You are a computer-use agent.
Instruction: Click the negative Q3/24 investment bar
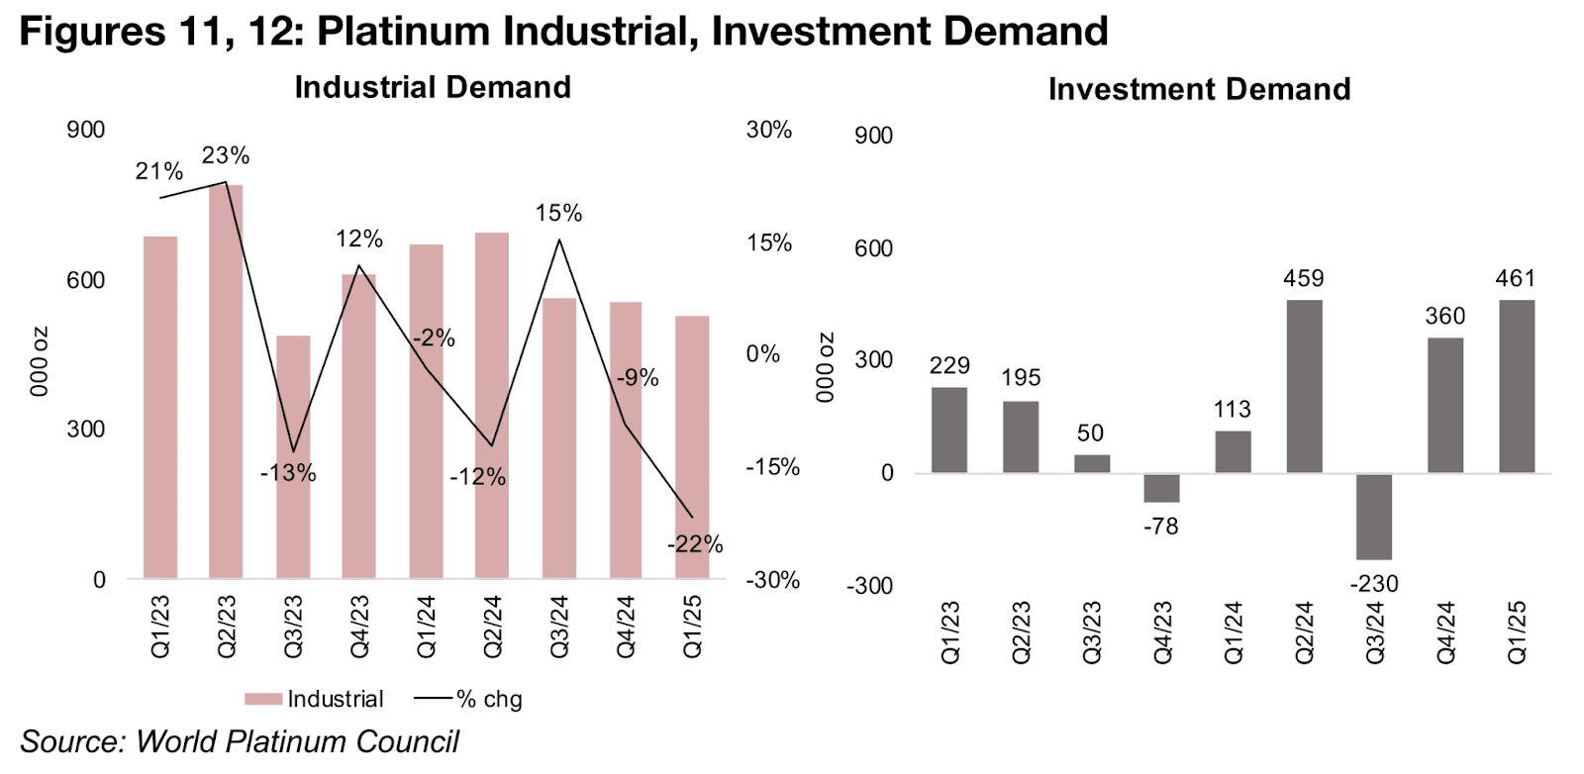pyautogui.click(x=1374, y=517)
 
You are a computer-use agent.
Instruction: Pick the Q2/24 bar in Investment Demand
pyautogui.click(x=1304, y=386)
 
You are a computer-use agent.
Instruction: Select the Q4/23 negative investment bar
pyautogui.click(x=1161, y=488)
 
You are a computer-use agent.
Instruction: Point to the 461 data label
pyautogui.click(x=1515, y=279)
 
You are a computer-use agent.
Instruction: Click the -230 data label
pyautogui.click(x=1374, y=584)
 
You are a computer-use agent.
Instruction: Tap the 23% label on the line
pyautogui.click(x=226, y=155)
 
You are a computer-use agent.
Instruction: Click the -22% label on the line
pyautogui.click(x=695, y=544)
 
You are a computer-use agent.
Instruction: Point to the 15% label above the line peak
pyautogui.click(x=558, y=213)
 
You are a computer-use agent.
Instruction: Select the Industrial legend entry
pyautogui.click(x=315, y=699)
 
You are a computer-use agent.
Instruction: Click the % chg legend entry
pyautogui.click(x=469, y=699)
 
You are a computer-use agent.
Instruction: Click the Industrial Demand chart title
pyautogui.click(x=433, y=87)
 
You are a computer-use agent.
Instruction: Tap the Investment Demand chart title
pyautogui.click(x=1199, y=89)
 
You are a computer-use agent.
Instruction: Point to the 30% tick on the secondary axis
pyautogui.click(x=769, y=130)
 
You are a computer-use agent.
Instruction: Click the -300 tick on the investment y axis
pyautogui.click(x=869, y=586)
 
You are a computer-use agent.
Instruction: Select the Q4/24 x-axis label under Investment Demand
pyautogui.click(x=1445, y=631)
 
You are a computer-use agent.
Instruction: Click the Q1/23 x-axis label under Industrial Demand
pyautogui.click(x=160, y=626)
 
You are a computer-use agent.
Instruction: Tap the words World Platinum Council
pyautogui.click(x=297, y=741)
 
